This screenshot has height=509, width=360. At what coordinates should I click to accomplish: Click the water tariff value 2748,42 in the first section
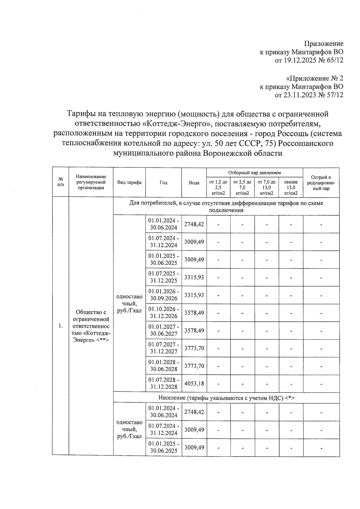194,224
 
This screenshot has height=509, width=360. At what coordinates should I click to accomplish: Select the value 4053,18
194,383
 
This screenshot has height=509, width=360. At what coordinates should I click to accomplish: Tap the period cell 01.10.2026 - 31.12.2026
163,313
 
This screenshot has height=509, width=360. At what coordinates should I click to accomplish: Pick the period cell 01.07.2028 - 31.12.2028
163,383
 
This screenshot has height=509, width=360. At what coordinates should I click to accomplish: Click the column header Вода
194,182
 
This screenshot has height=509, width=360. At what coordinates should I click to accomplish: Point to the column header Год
163,182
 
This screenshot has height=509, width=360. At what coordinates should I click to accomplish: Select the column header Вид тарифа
129,182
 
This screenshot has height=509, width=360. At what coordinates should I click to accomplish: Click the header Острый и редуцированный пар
321,182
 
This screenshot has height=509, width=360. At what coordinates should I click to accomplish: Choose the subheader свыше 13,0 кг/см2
291,187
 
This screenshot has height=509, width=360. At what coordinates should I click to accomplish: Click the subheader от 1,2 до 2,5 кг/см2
218,187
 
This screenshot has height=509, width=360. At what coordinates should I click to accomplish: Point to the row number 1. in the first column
61,326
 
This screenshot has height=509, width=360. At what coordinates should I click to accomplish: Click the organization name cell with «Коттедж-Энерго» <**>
91,326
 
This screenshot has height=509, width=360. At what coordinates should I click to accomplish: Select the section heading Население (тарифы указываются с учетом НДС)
226,398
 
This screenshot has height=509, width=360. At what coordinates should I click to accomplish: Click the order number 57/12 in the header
335,95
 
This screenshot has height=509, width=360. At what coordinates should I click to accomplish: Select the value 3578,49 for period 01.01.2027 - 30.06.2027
194,330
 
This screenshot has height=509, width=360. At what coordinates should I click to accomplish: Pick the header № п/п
61,182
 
